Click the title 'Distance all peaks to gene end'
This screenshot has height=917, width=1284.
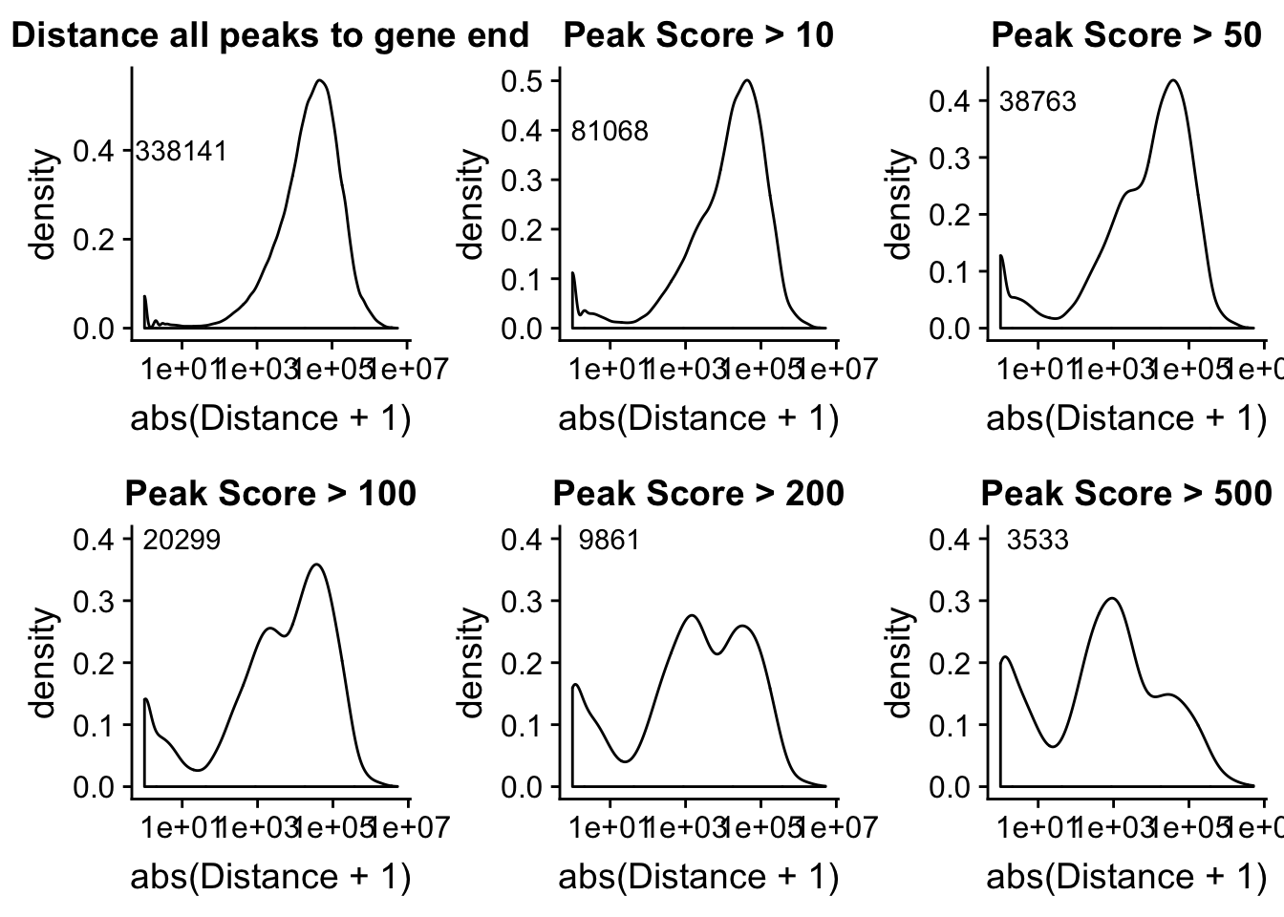coord(269,36)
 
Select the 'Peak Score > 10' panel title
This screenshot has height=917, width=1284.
coord(698,36)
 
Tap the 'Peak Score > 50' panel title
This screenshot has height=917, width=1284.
coord(1126,36)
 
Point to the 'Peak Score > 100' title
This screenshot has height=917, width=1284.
coord(270,494)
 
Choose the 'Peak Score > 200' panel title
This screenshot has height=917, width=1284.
coord(698,494)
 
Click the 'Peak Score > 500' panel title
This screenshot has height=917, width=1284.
coord(1126,494)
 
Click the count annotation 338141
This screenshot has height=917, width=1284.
coord(182,151)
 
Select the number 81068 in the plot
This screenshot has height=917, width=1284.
coord(610,131)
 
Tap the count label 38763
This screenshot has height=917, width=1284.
coord(1038,101)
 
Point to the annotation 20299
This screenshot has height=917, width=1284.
coord(182,541)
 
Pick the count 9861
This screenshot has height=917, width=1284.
coord(610,541)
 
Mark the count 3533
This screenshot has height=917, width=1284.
coord(1038,541)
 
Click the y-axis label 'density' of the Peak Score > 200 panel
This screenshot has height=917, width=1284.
coord(472,663)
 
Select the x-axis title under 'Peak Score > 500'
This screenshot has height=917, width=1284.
coord(1126,876)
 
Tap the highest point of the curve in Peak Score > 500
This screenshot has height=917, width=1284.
coord(1112,599)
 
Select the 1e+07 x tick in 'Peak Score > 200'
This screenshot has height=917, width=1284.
coord(837,824)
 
